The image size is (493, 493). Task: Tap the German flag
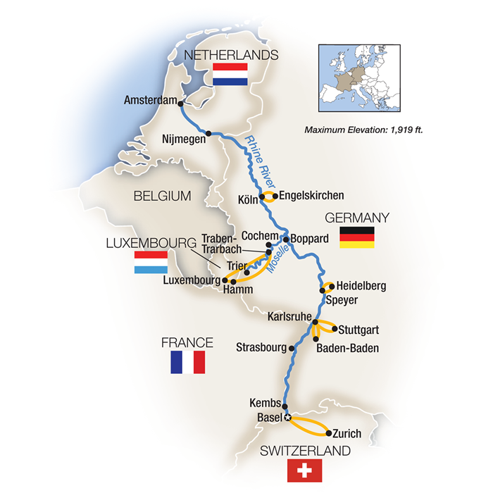click(356, 237)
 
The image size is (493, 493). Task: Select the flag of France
click(187, 363)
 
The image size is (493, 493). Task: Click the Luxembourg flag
click(151, 263)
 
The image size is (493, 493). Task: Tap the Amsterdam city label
click(149, 101)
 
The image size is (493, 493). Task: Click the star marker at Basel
click(288, 418)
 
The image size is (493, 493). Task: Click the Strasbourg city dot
click(292, 347)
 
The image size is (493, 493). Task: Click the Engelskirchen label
click(311, 196)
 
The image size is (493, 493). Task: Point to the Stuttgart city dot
click(333, 328)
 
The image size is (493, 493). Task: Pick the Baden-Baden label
click(347, 348)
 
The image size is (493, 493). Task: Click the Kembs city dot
click(286, 404)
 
